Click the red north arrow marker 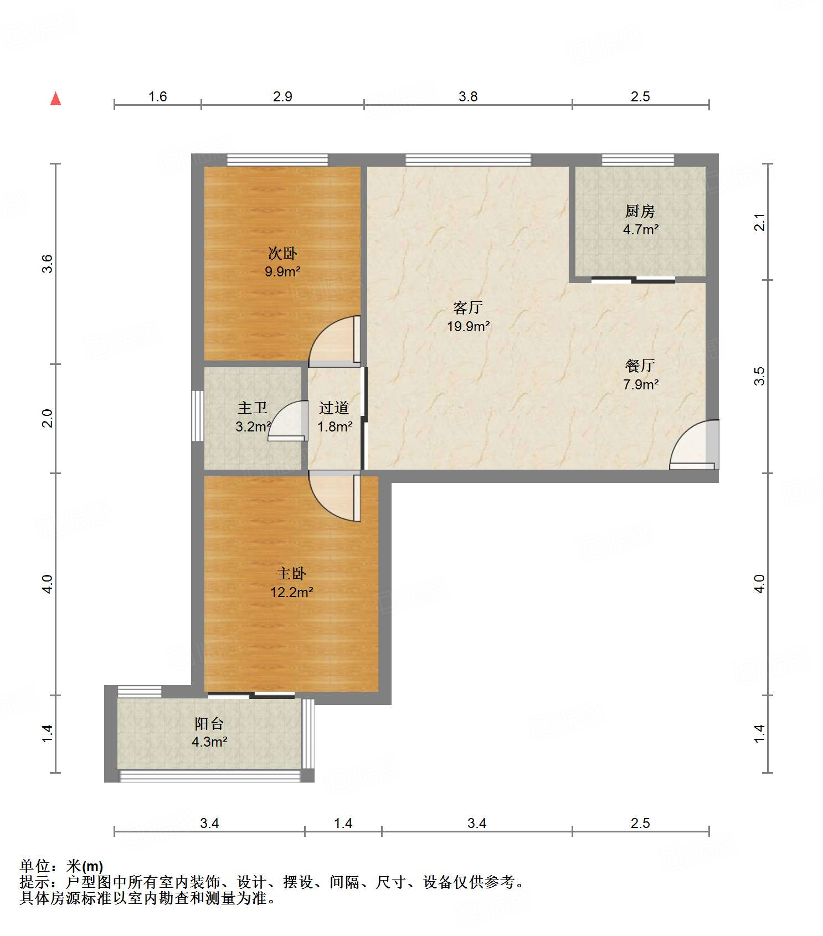tap(55, 99)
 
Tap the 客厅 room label tap(468, 307)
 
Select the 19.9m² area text tap(469, 326)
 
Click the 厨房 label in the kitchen tap(640, 211)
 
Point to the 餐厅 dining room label tap(640, 366)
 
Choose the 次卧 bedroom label tap(282, 253)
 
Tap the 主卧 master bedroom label tap(291, 573)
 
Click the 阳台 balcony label tap(209, 723)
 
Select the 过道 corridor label tap(334, 408)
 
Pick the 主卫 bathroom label tap(253, 408)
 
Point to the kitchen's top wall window tap(638, 160)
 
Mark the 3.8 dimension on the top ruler tap(468, 96)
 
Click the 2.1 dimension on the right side tap(760, 222)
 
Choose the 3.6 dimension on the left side tap(48, 263)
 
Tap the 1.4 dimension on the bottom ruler tap(343, 823)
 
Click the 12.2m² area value tap(292, 592)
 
